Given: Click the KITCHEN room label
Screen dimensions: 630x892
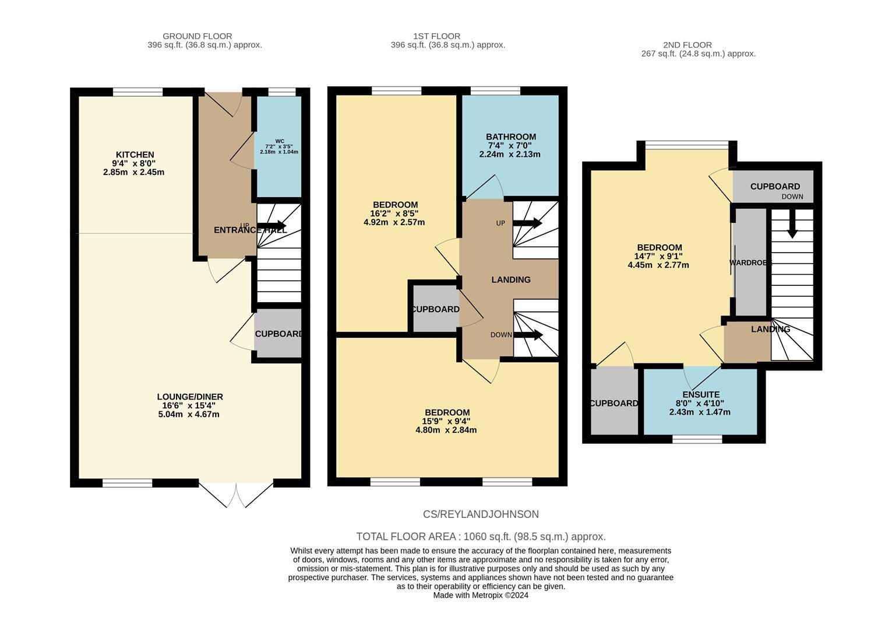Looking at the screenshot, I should click(x=135, y=155).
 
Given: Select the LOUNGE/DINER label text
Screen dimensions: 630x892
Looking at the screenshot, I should click(x=190, y=397).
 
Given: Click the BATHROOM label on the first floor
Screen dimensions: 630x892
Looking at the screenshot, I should click(x=510, y=136).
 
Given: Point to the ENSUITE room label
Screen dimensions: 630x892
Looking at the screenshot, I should click(x=700, y=395).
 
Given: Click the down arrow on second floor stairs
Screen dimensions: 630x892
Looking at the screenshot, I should click(x=792, y=228).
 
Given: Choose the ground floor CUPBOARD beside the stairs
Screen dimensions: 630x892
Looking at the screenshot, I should click(x=278, y=334).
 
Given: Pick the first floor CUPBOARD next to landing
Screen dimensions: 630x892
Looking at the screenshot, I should click(x=435, y=309).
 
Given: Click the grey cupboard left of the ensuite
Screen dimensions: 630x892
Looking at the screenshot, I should click(x=614, y=403).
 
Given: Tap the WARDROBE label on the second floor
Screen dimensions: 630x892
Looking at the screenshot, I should click(x=750, y=263).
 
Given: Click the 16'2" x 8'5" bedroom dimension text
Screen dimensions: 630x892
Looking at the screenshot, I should click(x=394, y=213).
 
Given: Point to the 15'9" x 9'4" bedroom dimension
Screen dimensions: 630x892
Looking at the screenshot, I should click(x=446, y=421).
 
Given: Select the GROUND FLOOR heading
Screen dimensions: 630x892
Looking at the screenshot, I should click(x=197, y=36).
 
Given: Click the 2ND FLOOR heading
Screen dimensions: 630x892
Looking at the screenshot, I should click(x=687, y=45).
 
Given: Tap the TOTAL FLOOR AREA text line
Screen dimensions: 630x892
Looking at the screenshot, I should click(x=481, y=537).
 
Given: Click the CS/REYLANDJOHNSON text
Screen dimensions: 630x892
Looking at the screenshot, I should click(x=481, y=514).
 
